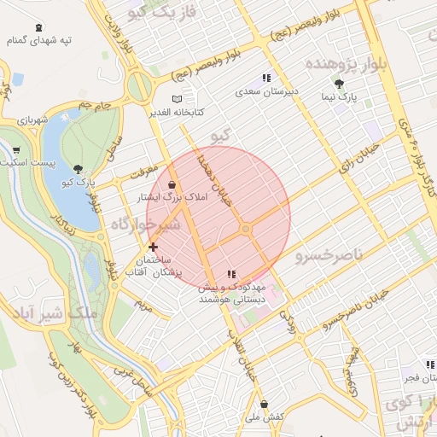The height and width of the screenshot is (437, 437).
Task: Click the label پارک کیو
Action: tap(78, 182)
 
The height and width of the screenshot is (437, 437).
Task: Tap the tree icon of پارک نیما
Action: tap(340, 84)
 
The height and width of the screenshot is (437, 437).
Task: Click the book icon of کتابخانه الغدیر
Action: tap(177, 99)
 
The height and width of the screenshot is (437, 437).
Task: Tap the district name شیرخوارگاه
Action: tap(145, 223)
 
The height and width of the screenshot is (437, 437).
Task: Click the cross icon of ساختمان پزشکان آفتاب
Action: tap(154, 247)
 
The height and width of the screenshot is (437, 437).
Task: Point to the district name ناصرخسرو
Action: tap(329, 255)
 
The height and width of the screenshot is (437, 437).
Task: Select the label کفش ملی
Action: tap(264, 416)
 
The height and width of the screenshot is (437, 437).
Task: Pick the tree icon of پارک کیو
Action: tap(79, 169)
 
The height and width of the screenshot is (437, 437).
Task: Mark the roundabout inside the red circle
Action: tap(246, 229)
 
